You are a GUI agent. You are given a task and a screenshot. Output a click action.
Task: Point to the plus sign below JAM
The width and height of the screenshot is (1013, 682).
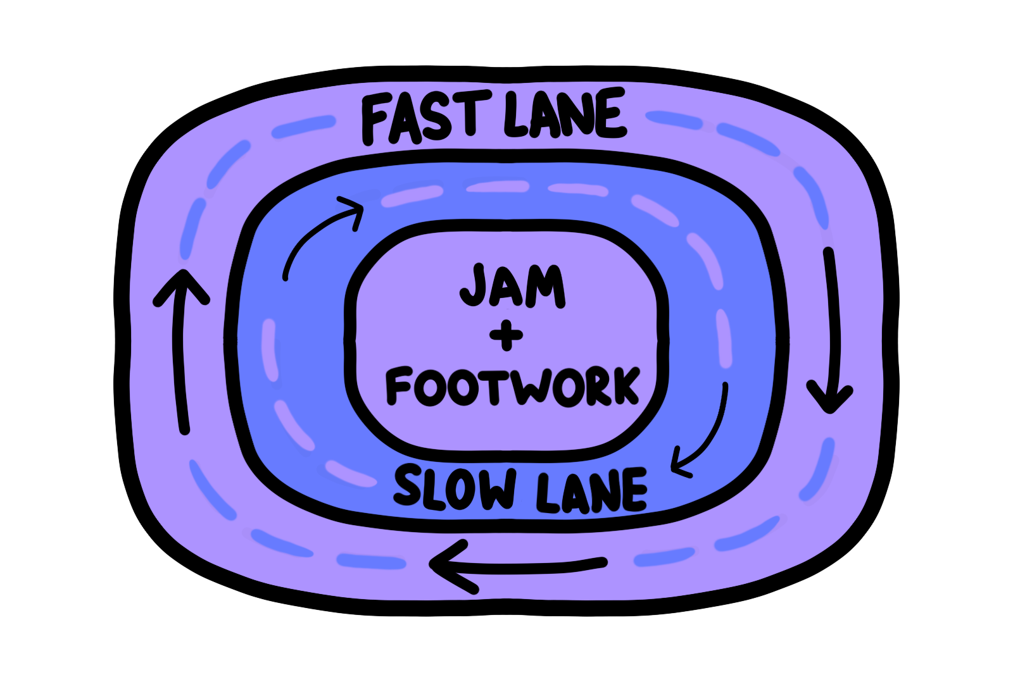507,335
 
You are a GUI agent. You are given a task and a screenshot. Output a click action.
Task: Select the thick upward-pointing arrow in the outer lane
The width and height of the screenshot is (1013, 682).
182,354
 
